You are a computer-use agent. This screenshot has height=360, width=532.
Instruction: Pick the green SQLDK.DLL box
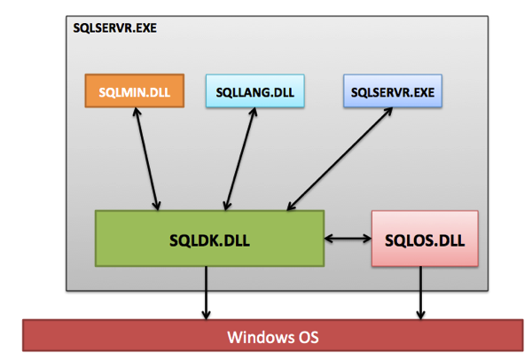(209, 238)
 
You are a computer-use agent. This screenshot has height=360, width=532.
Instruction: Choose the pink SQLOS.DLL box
(424, 238)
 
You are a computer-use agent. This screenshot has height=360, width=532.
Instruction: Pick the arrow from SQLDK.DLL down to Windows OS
(207, 293)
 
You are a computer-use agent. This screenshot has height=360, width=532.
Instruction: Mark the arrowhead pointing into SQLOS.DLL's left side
(366, 238)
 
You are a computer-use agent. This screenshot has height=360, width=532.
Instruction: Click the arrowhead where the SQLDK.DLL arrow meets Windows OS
(207, 314)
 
